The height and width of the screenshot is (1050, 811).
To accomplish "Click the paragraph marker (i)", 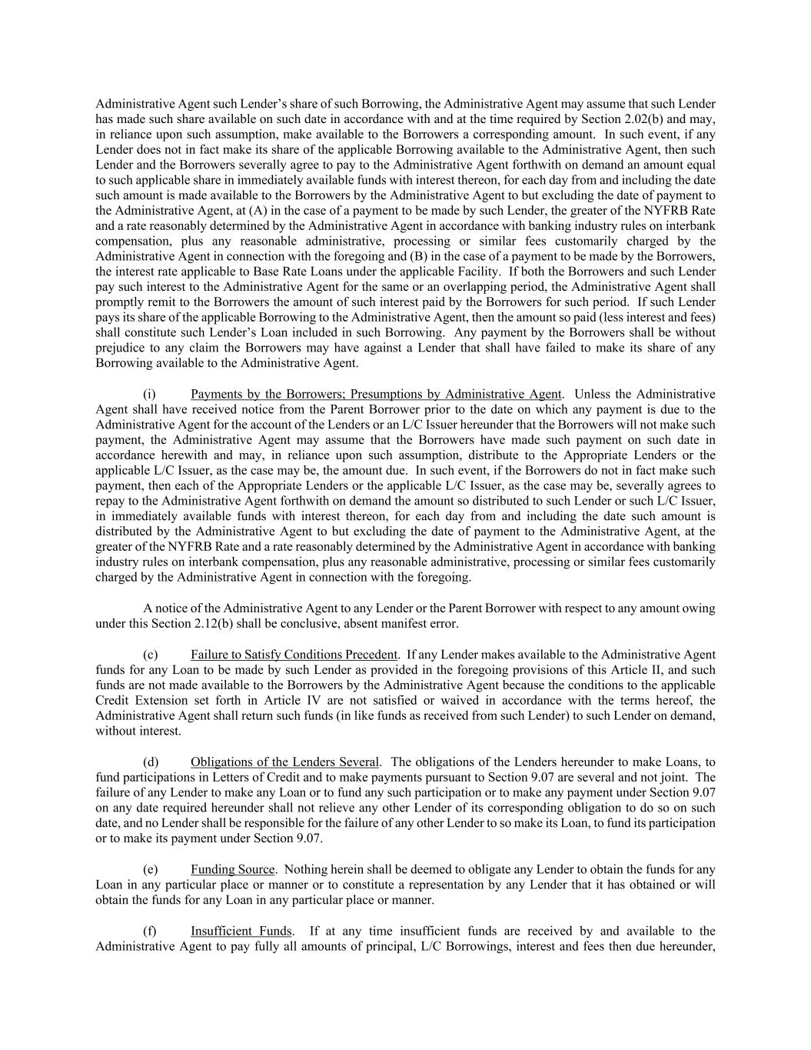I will [150, 395].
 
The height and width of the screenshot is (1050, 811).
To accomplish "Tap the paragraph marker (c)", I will [150, 655].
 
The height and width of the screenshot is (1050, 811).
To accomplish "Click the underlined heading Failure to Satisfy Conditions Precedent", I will [294, 655].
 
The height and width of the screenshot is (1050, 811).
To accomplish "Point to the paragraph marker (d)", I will [150, 762].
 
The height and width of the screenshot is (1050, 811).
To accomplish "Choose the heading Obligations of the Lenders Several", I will [284, 762].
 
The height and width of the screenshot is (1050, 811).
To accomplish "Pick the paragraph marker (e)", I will [150, 870].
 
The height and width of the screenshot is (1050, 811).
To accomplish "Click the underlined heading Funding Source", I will [232, 870].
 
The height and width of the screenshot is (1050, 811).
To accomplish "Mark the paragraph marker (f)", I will [150, 932].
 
